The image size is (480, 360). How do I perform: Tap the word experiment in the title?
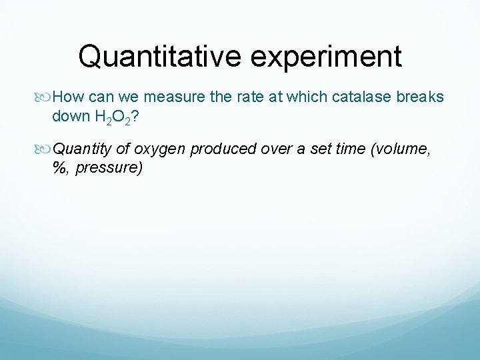[326, 57]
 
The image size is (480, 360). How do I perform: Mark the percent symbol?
[61, 167]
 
